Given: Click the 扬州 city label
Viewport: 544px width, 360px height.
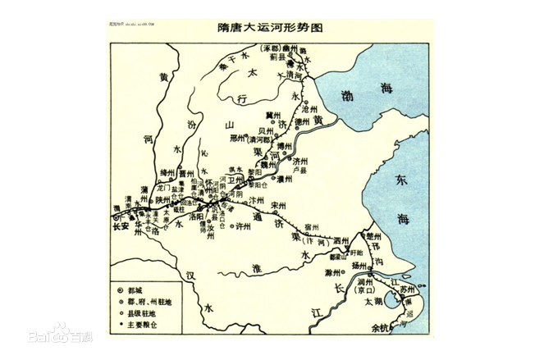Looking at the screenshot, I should click(x=360, y=267).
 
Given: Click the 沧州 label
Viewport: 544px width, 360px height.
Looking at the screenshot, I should click(x=309, y=108).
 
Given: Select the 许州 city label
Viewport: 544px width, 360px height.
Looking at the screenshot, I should click(x=243, y=227).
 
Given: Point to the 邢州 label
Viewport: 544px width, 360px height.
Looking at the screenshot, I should click(x=239, y=139).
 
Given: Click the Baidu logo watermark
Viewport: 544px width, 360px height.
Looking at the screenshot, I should click(x=62, y=336).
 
